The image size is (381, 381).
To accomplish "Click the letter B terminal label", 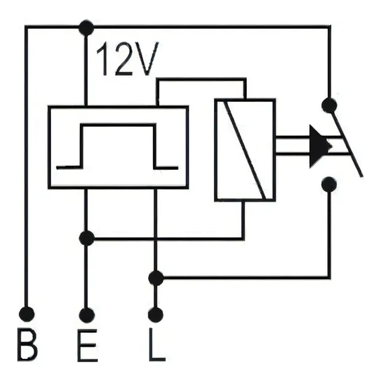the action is pos(28,345).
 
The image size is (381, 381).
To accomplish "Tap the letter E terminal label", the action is pos(87,345).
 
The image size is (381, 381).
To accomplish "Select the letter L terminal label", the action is pos(157,345).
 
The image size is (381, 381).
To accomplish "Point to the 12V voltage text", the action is pos(127,58).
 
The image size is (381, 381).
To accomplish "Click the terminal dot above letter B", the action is pos(26,314).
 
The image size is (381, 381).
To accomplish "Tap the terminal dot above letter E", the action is pos(87,315).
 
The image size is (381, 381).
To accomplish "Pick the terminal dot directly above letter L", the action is pos(156,315).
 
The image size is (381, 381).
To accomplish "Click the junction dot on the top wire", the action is pos(87,28).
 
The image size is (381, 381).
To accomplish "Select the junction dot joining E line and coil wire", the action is pos(87,238).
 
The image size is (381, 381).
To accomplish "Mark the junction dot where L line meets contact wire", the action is pos(156,278).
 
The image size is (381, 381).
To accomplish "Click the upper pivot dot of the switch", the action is pos(329,105).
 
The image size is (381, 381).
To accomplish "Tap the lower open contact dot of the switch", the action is pos(329,184).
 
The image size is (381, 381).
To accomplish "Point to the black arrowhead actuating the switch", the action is pos(320,146).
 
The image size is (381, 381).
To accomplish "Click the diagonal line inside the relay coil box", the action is pos(246,150).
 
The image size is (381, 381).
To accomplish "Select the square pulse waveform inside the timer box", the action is pos(117,146).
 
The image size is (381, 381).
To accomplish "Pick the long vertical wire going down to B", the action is pos(26,168).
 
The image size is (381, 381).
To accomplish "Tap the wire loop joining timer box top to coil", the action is pos(201,80).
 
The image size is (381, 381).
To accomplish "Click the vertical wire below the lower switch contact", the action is pos(329,235).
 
